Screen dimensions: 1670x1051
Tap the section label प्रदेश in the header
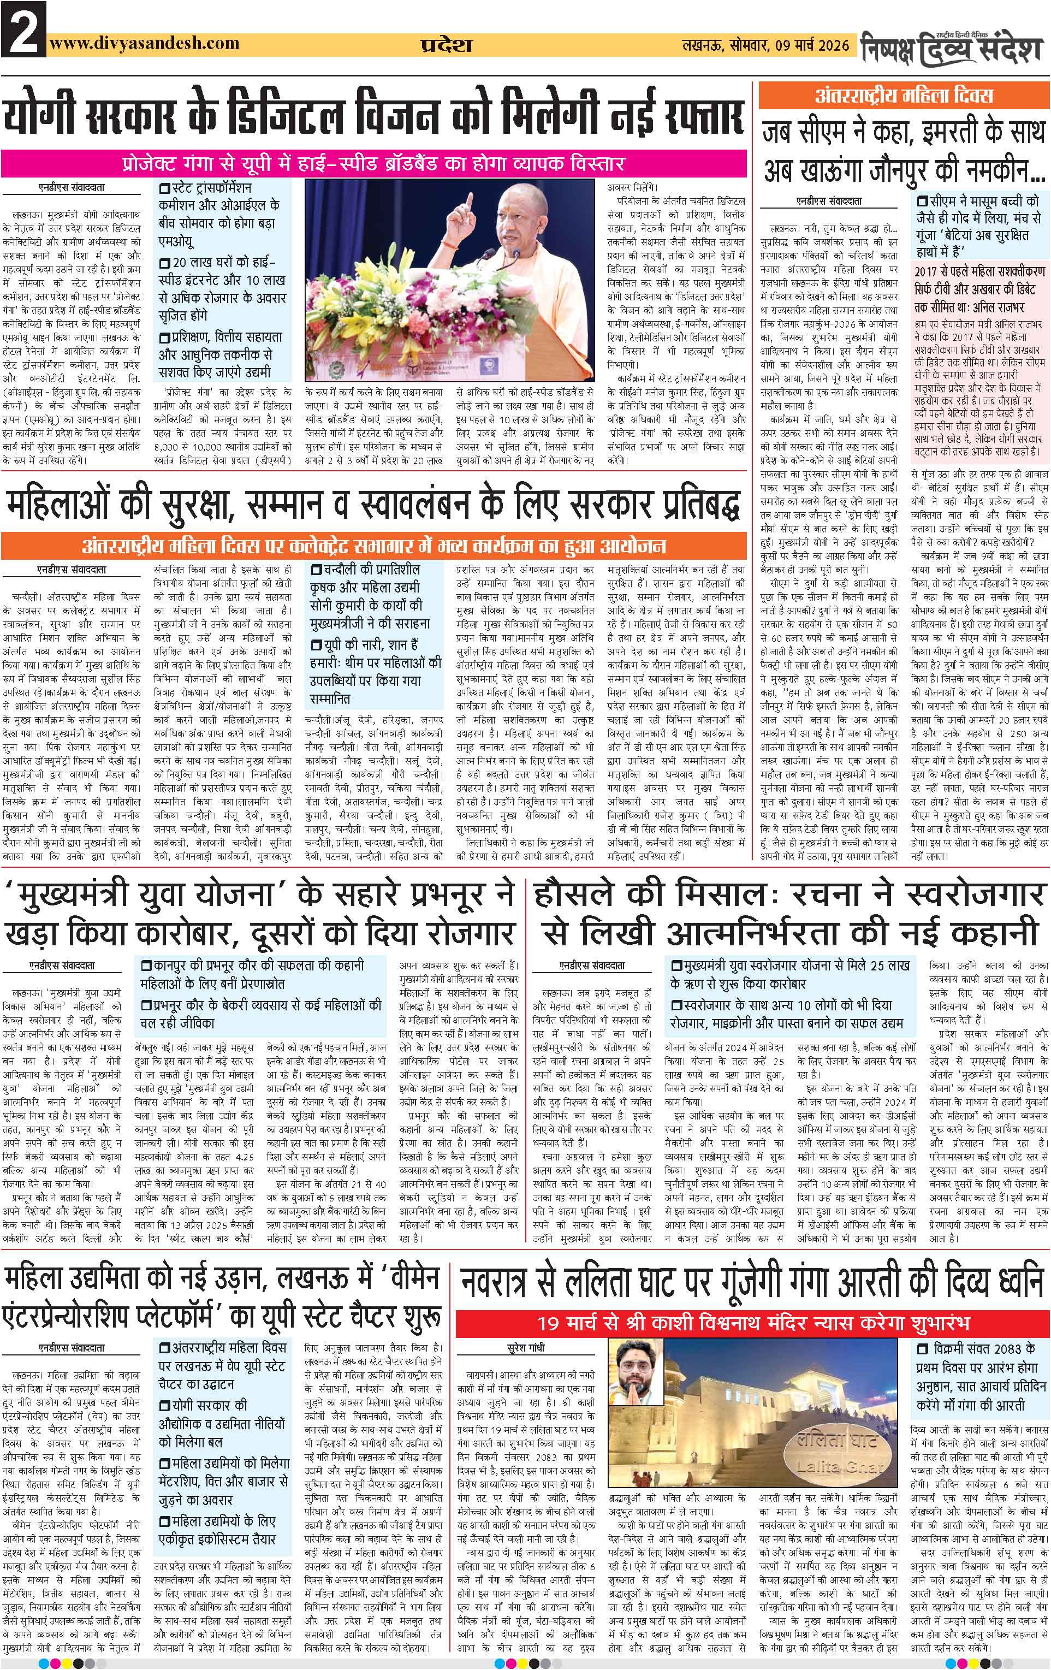pyautogui.click(x=447, y=46)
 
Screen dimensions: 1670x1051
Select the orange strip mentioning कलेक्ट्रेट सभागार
pyautogui.click(x=375, y=545)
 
